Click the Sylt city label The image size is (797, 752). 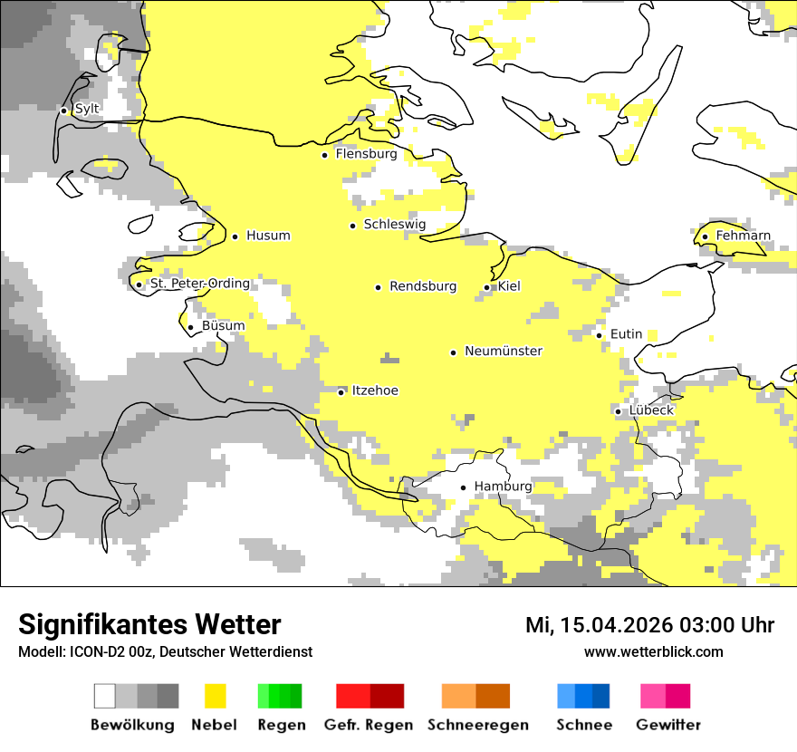click(x=87, y=109)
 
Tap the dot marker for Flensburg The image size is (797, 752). click(x=324, y=155)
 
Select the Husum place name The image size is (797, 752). click(x=268, y=236)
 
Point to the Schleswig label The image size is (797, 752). click(x=394, y=225)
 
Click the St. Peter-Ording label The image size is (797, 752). click(x=199, y=284)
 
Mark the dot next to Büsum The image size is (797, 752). click(x=190, y=327)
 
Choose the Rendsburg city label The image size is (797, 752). click(x=422, y=286)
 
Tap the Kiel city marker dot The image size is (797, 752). click(x=486, y=287)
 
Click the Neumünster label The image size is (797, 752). click(x=504, y=351)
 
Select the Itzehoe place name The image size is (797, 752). click(x=375, y=390)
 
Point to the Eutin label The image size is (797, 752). click(x=626, y=334)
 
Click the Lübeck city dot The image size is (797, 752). click(x=618, y=411)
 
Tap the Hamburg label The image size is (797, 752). click(x=503, y=487)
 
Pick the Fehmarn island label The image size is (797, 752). click(x=743, y=236)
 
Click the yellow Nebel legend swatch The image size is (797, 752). click(x=215, y=696)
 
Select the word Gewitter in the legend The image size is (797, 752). click(x=667, y=725)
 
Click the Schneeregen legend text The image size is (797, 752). click(x=477, y=725)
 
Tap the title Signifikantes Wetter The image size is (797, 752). click(x=149, y=624)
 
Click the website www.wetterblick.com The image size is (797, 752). click(x=653, y=651)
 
